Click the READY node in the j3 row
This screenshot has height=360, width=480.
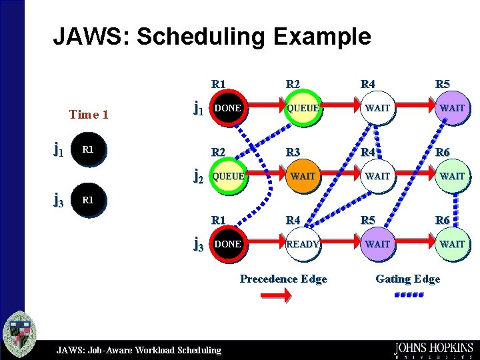coord(303,244)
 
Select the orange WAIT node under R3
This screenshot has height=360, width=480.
coord(303,176)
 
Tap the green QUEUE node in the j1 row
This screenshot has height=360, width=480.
coord(303,108)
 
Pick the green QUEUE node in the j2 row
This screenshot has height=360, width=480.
coord(228,176)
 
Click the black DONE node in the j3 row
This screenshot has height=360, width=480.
coord(228,244)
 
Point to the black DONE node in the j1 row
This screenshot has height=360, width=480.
coord(228,108)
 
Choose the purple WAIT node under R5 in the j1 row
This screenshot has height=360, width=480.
coord(452,108)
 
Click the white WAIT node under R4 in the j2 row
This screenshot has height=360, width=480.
coord(377,176)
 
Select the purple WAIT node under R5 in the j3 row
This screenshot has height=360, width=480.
coord(377,244)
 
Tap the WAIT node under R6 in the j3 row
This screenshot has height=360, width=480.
coord(452,244)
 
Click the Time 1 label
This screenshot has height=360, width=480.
coord(89,115)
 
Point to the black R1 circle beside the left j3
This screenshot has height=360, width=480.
coord(88,200)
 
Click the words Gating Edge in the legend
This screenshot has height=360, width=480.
coord(407,279)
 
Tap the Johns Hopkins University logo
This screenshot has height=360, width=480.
coord(433,350)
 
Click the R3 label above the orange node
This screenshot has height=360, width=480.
coord(293,152)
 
